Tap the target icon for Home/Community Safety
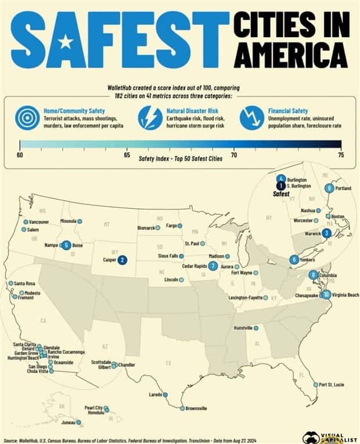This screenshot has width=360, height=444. coord(27,118)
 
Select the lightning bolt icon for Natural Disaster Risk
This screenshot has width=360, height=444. coord(150,118)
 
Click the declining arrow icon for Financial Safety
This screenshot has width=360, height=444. coord(252,118)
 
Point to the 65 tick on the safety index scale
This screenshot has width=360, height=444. coord(127,155)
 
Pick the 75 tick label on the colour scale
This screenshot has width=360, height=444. coord(341,155)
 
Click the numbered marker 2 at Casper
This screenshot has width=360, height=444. coord(123,261)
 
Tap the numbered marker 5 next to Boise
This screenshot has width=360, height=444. coord(66,246)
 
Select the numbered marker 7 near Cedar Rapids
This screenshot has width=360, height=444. coord(213,266)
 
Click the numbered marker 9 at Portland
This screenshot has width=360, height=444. coord(329,187)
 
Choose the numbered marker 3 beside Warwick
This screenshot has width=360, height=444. coord(327,233)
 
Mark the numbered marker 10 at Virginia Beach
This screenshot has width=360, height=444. coord(327,294)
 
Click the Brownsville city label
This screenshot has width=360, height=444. coord(196,409)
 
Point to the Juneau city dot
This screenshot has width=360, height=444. coord(79,422)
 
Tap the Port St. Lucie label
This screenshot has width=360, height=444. coord(332,384)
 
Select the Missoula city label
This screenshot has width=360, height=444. coord(68,221)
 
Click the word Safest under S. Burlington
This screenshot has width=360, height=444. coord(281,194)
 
